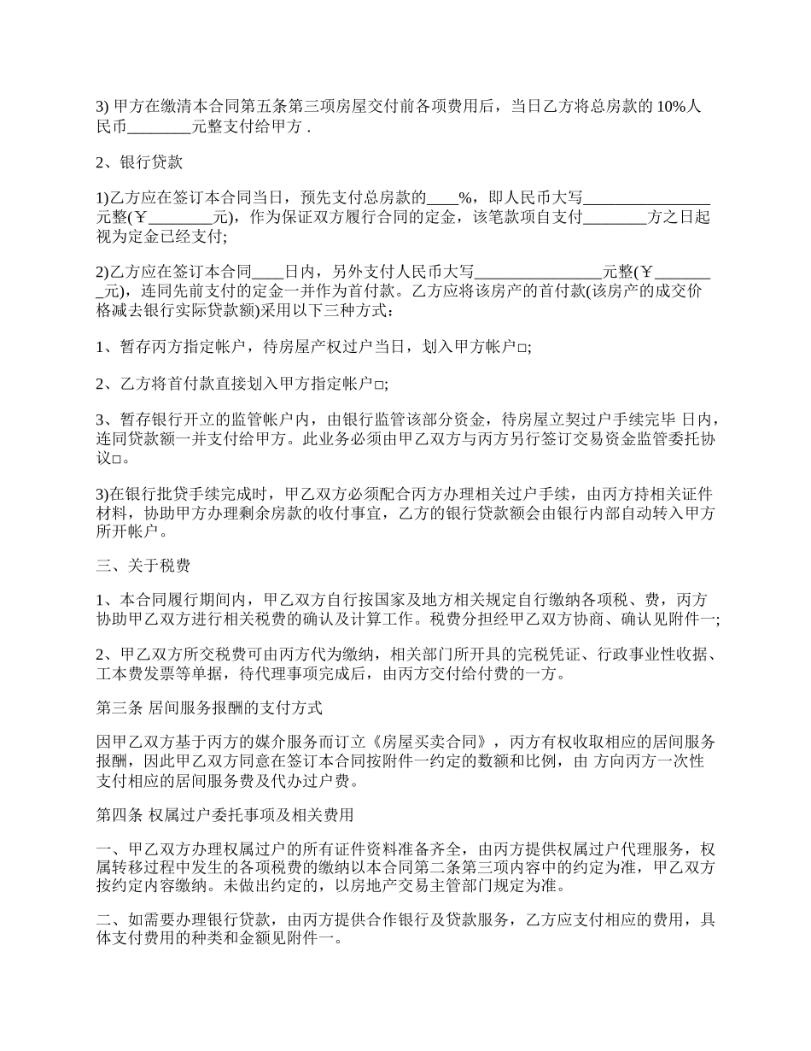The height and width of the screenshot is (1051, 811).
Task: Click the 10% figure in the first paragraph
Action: click(668, 107)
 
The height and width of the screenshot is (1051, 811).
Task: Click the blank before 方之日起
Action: click(615, 218)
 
